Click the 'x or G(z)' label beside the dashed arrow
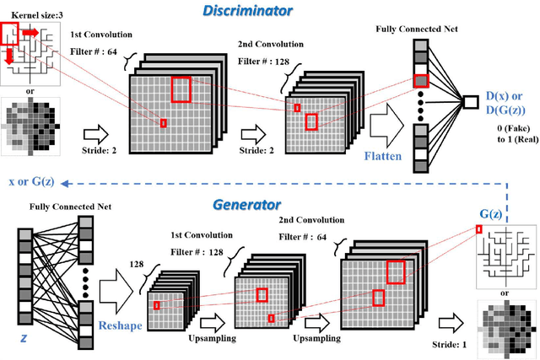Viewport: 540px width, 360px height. tap(33, 181)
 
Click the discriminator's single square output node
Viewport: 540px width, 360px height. tap(469, 102)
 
